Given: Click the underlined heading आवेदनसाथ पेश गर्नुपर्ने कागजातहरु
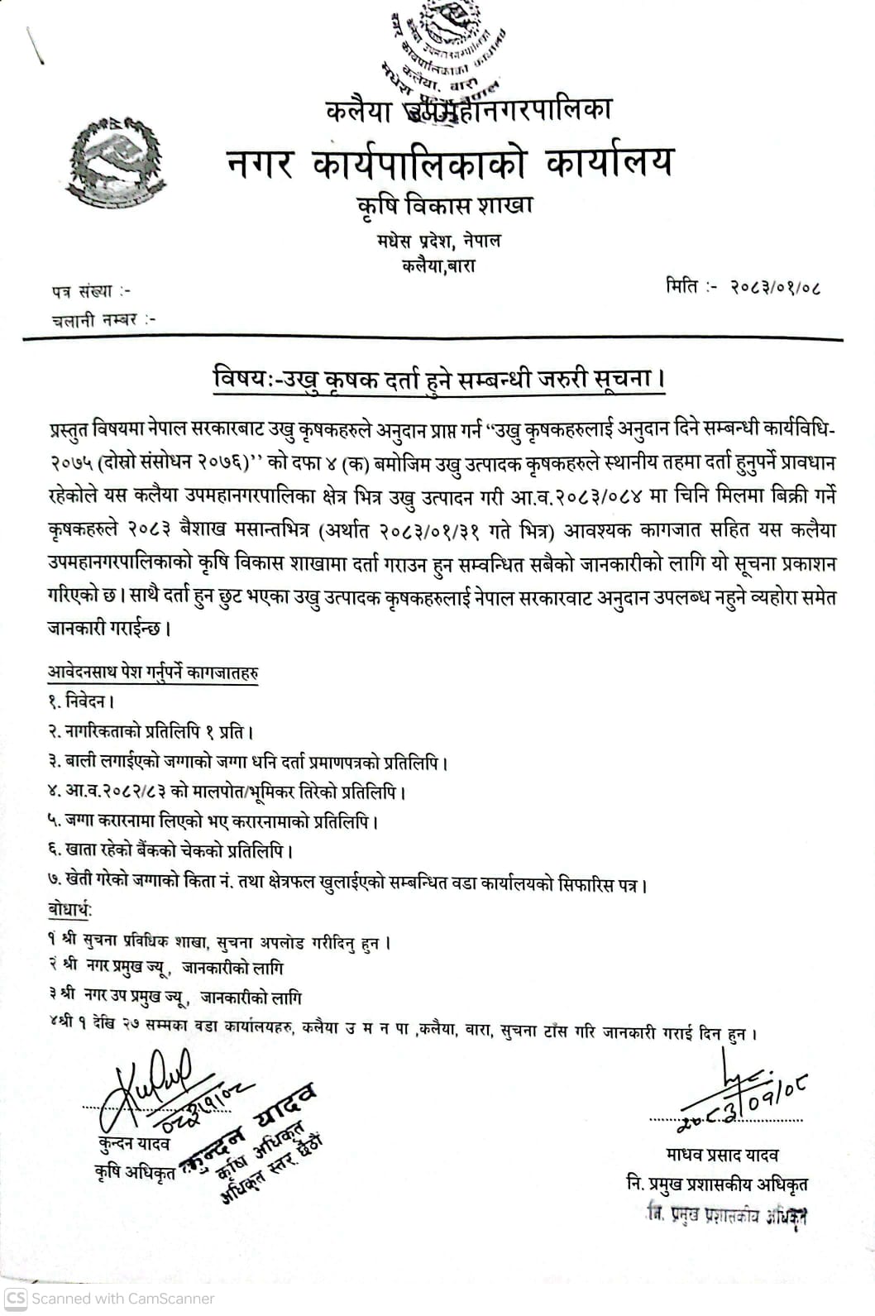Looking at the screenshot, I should [152, 673].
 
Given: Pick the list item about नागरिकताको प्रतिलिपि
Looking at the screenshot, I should [150, 732].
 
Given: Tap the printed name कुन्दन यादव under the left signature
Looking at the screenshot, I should [132, 1144].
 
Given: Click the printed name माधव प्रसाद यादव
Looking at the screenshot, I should [721, 1155].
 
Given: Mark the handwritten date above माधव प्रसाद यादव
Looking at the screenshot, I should [744, 1104].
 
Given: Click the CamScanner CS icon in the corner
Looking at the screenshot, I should [16, 1298].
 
